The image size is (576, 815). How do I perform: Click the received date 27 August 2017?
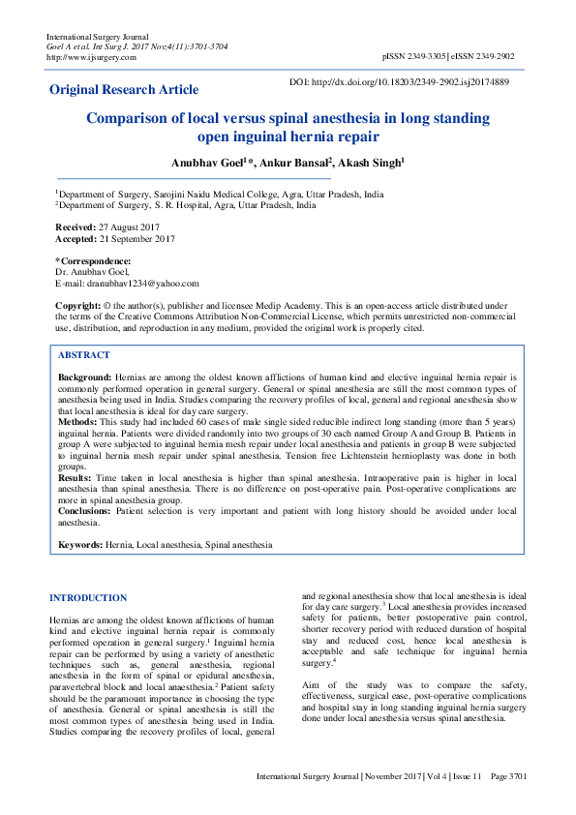(x=129, y=226)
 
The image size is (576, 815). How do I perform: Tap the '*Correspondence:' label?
(x=93, y=261)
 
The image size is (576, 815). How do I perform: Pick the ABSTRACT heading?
(x=84, y=355)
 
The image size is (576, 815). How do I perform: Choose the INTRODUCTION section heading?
(x=88, y=598)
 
